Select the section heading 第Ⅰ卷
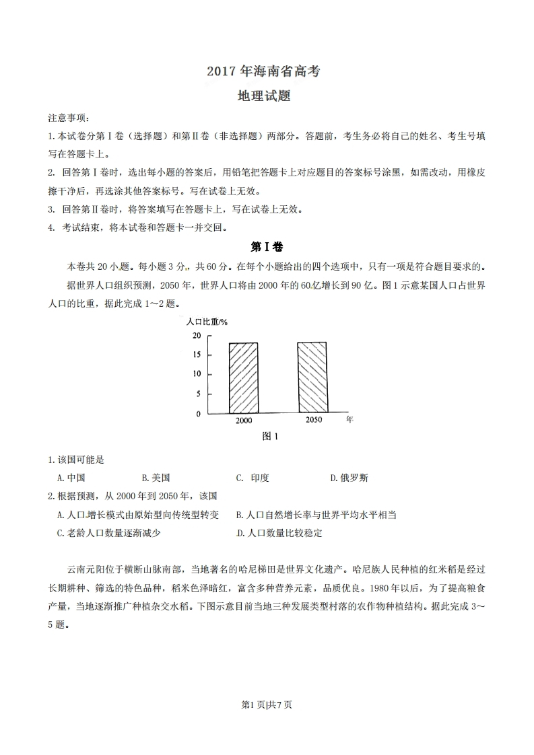coord(266,246)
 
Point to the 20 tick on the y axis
coord(196,335)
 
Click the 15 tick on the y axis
coord(196,354)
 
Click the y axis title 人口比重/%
coord(207,321)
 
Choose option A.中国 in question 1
coord(71,478)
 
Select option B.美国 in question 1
coord(156,478)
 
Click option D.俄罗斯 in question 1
coord(349,478)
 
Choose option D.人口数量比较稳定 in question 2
coord(280,533)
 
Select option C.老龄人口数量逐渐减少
coord(109,533)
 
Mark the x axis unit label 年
coord(349,419)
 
